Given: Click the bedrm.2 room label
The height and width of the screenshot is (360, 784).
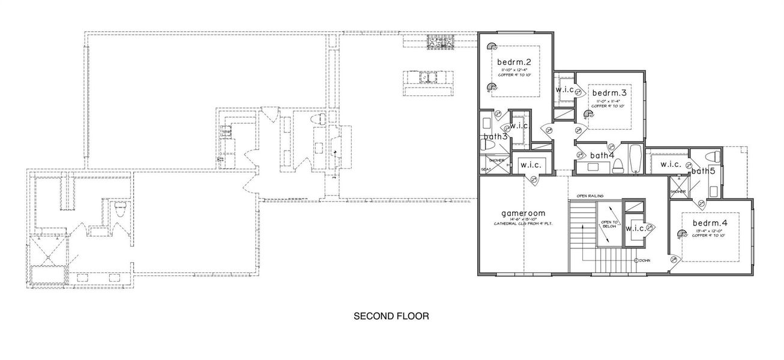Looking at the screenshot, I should coord(514,62).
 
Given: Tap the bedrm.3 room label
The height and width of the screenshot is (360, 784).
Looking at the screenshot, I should coord(609,94).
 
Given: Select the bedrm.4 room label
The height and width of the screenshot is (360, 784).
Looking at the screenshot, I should coord(709,223).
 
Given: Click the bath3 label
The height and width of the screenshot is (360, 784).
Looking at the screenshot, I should coord(496,137).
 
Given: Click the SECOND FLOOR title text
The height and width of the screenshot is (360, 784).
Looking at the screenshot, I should coord(391,316).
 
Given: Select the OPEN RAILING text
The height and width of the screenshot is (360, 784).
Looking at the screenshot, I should coord(590,196).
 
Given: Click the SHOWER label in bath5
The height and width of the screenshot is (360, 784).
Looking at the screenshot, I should coord(678,192).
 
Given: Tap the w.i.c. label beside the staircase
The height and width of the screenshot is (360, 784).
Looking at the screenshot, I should coord(635,229).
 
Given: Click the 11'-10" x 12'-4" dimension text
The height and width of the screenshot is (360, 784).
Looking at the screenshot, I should coord(514,70).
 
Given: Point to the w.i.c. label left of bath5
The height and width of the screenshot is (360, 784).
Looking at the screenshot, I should coord(670,164).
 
